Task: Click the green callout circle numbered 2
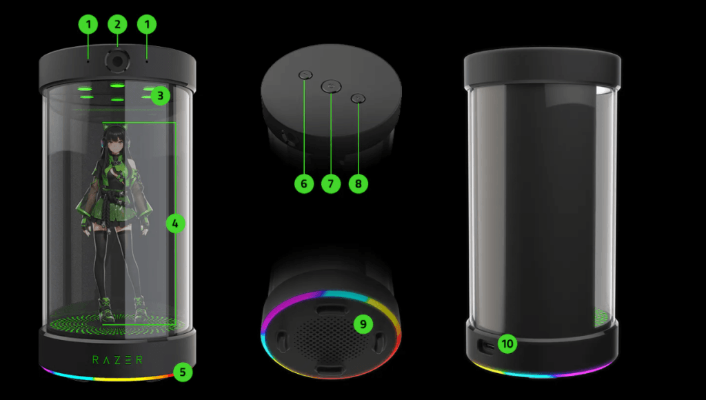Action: [117, 24]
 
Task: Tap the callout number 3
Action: [160, 95]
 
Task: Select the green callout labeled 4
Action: [175, 223]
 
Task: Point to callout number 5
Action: [183, 372]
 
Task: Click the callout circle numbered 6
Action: [304, 183]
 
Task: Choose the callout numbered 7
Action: [331, 183]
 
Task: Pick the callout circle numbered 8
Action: [359, 183]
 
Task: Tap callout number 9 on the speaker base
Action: [363, 324]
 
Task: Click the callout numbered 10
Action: [507, 343]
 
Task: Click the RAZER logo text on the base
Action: [117, 359]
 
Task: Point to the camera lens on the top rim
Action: [117, 61]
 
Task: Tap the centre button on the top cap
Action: [331, 86]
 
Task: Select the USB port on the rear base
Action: [486, 346]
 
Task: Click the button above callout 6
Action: [305, 74]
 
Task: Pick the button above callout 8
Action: [358, 98]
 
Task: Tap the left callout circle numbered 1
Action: [88, 24]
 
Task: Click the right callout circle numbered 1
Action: [147, 24]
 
